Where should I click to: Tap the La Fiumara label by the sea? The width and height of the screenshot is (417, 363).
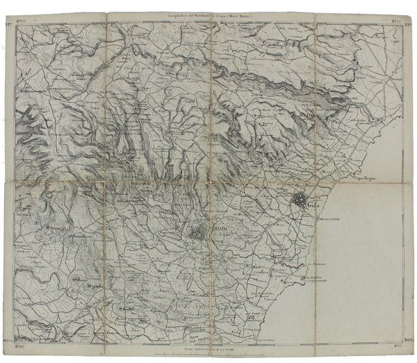tap(316, 264)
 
